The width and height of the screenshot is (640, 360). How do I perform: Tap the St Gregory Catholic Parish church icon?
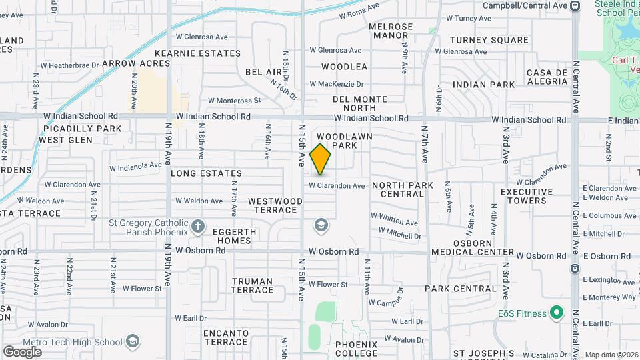coord(197,226)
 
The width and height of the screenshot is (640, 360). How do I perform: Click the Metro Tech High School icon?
coord(133,342)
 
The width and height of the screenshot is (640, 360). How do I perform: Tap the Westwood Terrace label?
coord(275,205)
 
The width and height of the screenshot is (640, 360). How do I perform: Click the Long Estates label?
coord(197,173)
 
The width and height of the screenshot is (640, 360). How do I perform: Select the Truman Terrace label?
coord(252,285)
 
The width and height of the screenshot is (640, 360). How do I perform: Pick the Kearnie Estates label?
coord(197,53)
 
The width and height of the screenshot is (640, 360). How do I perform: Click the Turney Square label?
coord(489,40)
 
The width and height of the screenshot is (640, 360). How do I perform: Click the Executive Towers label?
coord(527,196)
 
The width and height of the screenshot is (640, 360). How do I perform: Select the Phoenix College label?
coord(356,349)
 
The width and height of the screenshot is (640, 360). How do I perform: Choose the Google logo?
coord(22,351)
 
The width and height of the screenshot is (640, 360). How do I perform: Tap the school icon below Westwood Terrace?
coord(321,226)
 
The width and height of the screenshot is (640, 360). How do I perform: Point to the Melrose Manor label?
coord(391,31)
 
